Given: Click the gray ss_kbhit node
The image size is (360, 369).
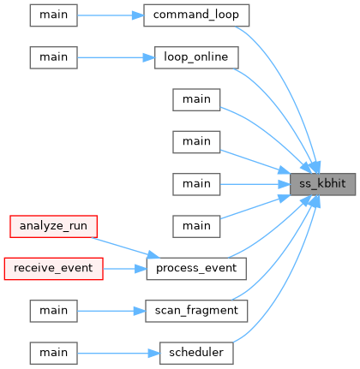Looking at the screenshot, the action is pos(322,184).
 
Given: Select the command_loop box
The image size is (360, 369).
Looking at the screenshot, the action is pos(196,15).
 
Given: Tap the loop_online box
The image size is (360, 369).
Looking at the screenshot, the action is pos(196,57).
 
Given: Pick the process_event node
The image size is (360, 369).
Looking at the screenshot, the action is pos(196,269).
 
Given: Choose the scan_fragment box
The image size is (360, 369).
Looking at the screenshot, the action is pos(196,311).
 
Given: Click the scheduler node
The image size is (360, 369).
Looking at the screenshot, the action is pos(196,353).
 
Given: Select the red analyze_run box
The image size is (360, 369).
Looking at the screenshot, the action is pos(53,226).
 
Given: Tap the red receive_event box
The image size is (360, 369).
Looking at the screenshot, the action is pos(53,269).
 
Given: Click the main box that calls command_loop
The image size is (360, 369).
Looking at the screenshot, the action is pos(53,15).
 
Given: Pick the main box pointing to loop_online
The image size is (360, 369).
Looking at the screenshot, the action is pos(53,57).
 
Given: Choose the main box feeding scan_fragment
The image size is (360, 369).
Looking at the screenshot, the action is pos(53,311).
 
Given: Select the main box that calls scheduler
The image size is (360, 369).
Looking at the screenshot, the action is pos(53,353).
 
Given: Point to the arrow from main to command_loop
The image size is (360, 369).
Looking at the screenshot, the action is pos(111,15).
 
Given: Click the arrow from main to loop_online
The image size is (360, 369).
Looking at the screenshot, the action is pos(116,57).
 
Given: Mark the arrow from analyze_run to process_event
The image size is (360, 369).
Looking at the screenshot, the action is pos(126,247).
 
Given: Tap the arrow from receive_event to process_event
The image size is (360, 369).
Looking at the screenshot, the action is pos(125,269).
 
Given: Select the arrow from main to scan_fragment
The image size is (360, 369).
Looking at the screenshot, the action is pos(111,311).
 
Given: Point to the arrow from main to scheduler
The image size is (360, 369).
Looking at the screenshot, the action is pos(118,353).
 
